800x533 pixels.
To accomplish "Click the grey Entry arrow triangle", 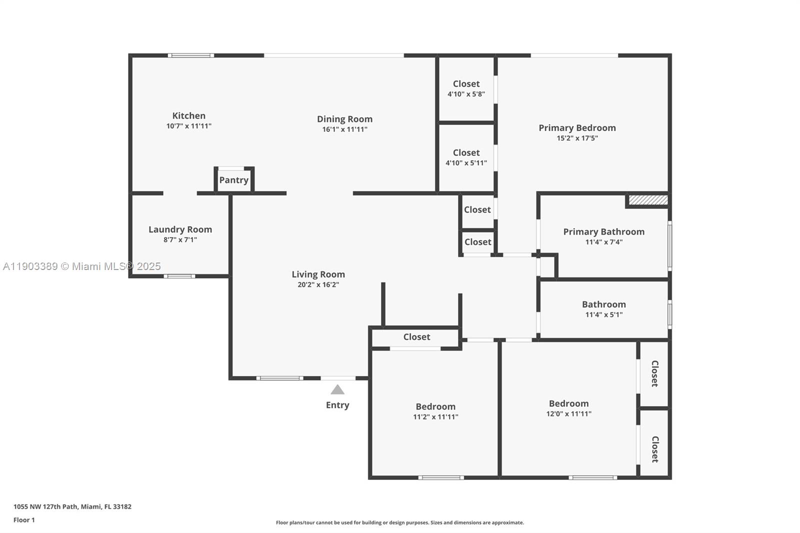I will pyautogui.click(x=337, y=389).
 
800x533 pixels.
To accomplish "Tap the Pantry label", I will pyautogui.click(x=233, y=180).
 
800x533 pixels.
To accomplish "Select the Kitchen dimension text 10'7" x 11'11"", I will pyautogui.click(x=189, y=126).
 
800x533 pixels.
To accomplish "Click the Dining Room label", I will pyautogui.click(x=344, y=119).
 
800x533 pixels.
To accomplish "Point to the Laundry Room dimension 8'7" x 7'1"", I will pyautogui.click(x=180, y=240).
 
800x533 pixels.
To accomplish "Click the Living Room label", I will pyautogui.click(x=318, y=274).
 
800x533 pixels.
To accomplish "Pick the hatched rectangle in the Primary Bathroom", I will pyautogui.click(x=648, y=200).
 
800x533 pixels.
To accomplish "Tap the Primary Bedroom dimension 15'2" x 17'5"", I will pyautogui.click(x=577, y=138).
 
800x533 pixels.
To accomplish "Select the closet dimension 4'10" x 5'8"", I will pyautogui.click(x=466, y=94).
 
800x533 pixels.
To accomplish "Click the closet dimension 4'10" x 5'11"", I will pyautogui.click(x=466, y=163).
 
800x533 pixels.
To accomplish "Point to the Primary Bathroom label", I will pyautogui.click(x=603, y=231).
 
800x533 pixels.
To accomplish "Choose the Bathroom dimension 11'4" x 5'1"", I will pyautogui.click(x=603, y=315).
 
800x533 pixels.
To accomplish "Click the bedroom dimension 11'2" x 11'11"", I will pyautogui.click(x=435, y=417).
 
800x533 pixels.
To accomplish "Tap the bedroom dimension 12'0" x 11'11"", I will pyautogui.click(x=568, y=414).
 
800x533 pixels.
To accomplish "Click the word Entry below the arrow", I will pyautogui.click(x=337, y=405).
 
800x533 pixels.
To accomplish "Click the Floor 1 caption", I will pyautogui.click(x=24, y=520).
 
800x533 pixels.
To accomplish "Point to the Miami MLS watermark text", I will pyautogui.click(x=82, y=266).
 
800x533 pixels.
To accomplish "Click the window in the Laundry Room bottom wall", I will pyautogui.click(x=179, y=276).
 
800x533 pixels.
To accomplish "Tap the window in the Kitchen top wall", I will pyautogui.click(x=190, y=55).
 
